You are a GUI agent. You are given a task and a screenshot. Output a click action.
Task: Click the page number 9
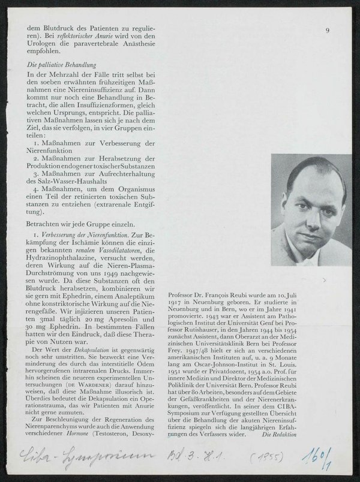tap(328, 30)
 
